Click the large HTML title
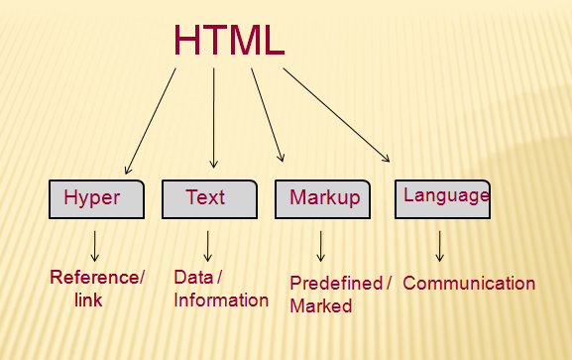(x=229, y=39)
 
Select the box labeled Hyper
(x=97, y=198)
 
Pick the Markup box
(x=323, y=198)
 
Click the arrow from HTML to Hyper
(x=151, y=117)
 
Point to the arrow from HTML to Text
(x=214, y=117)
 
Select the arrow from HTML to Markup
(x=268, y=113)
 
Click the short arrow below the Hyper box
(x=95, y=245)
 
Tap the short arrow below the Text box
(x=208, y=245)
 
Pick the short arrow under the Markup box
(x=321, y=245)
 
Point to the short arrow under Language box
(x=439, y=245)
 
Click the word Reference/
(x=97, y=278)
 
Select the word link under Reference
(x=88, y=300)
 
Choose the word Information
(x=220, y=300)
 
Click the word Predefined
(x=335, y=284)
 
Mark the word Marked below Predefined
(x=320, y=306)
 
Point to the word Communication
(x=469, y=284)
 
